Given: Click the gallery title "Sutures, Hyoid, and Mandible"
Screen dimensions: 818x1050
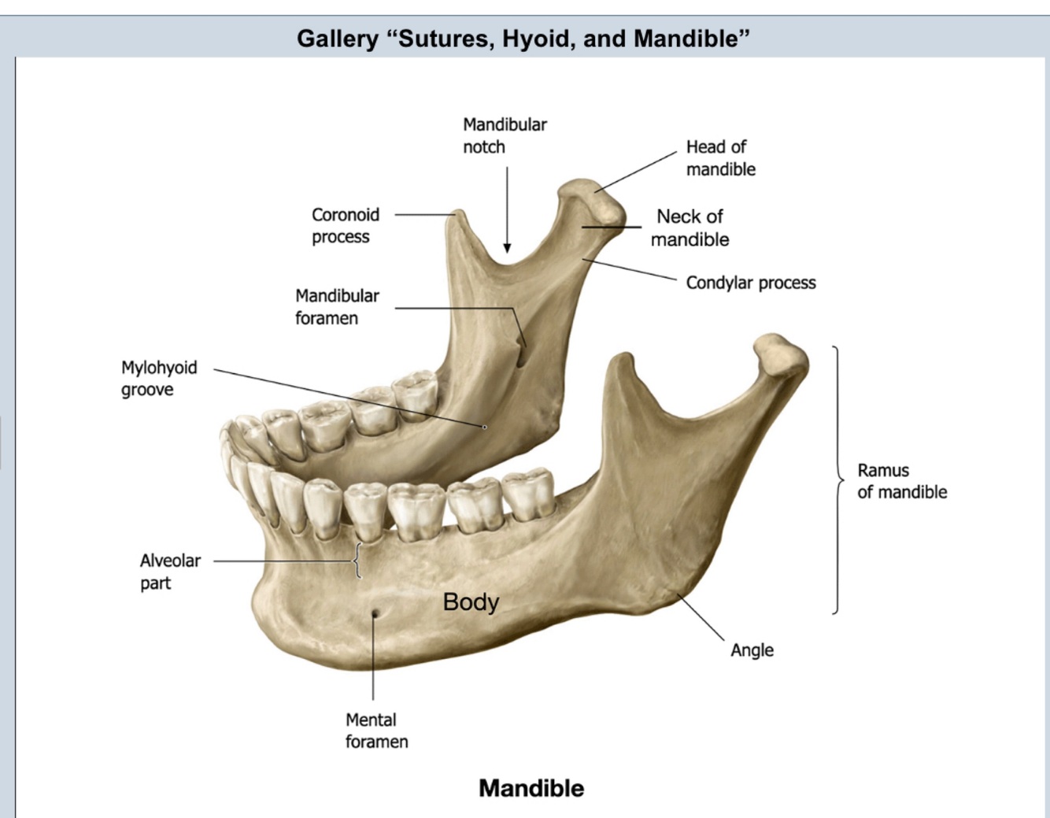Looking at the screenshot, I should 523,38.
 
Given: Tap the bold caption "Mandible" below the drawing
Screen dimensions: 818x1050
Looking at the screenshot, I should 531,788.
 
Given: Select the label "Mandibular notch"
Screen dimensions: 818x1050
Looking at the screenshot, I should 505,135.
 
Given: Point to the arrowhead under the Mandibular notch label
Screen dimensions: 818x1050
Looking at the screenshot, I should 507,248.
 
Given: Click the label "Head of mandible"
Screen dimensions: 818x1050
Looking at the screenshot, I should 720,157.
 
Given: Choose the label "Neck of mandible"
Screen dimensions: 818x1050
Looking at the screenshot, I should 690,228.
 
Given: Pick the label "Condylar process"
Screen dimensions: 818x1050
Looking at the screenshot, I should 750,283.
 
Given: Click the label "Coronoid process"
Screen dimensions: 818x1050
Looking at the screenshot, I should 345,225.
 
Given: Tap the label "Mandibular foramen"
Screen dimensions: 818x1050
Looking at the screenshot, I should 337,306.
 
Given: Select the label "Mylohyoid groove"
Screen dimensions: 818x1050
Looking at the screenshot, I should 158,378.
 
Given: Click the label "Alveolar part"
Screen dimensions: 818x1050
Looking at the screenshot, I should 169,572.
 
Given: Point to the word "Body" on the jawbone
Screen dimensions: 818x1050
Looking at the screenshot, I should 471,601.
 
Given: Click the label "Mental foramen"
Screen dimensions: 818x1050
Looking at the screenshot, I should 376,730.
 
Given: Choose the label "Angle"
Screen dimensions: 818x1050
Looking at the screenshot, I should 752,650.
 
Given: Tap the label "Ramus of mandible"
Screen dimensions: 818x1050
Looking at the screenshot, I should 901,481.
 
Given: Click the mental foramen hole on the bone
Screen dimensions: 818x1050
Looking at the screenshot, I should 375,613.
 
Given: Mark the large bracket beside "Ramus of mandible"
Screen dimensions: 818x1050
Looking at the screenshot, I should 837,479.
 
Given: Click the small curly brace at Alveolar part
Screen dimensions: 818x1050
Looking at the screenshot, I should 357,561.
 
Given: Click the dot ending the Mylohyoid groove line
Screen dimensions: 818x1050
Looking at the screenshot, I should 485,427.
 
